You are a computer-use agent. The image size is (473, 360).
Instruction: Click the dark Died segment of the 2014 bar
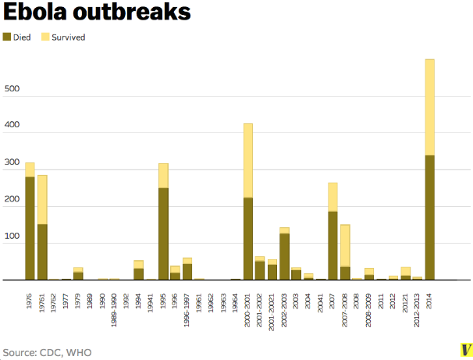[430, 217]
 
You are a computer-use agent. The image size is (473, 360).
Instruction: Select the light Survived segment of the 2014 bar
[430, 107]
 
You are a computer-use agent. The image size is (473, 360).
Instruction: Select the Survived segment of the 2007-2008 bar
[345, 245]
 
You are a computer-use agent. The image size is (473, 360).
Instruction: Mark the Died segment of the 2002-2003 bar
[284, 256]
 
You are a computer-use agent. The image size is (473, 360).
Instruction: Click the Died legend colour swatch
[7, 37]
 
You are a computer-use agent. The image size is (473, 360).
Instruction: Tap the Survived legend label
[69, 37]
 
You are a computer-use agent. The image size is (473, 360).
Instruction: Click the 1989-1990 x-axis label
[115, 311]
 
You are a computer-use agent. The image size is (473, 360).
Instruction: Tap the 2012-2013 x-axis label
[418, 311]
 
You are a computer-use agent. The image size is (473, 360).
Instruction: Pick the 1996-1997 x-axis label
[187, 311]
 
